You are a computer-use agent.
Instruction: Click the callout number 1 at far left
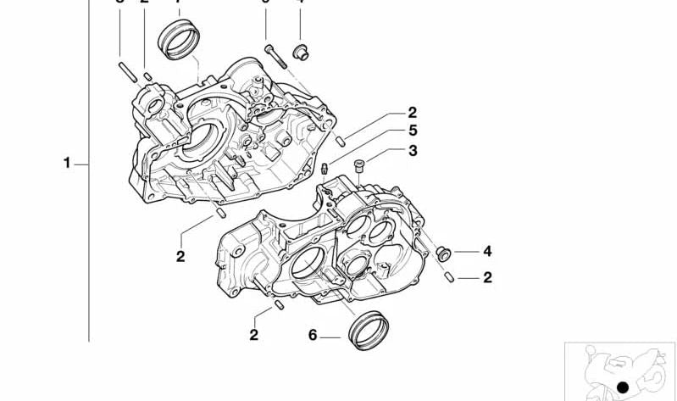(x=67, y=162)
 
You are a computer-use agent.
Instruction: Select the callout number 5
(x=413, y=131)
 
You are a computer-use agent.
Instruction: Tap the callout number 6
(x=313, y=336)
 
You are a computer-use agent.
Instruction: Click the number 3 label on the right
(x=413, y=151)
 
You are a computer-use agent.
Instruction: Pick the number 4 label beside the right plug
(x=487, y=251)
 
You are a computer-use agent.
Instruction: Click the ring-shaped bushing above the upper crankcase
(x=180, y=39)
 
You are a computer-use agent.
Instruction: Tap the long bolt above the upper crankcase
(x=272, y=53)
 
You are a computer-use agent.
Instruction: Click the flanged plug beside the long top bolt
(x=299, y=53)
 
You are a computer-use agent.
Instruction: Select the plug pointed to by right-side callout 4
(x=441, y=252)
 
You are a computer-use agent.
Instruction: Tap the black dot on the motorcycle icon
(x=623, y=387)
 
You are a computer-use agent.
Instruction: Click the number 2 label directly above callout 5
(x=413, y=112)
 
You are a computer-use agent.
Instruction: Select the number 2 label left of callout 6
(x=253, y=336)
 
